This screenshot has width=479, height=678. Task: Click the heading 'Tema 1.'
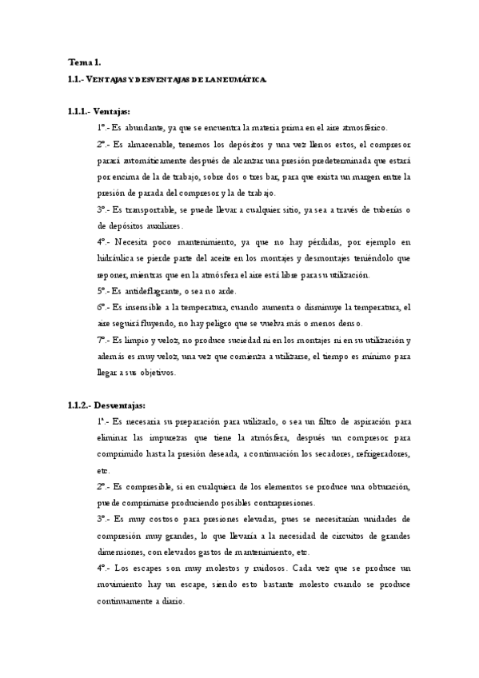click(x=84, y=61)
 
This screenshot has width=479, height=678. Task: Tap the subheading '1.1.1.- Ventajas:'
click(x=99, y=110)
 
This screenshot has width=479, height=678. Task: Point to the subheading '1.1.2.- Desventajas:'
click(x=106, y=405)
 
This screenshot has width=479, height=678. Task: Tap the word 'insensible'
click(x=145, y=307)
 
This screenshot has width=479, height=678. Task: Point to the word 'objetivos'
click(x=170, y=372)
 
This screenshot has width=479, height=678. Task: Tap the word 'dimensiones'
click(x=122, y=552)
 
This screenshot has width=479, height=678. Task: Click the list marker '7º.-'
click(x=104, y=340)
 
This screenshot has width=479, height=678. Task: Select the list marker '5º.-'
click(x=104, y=291)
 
